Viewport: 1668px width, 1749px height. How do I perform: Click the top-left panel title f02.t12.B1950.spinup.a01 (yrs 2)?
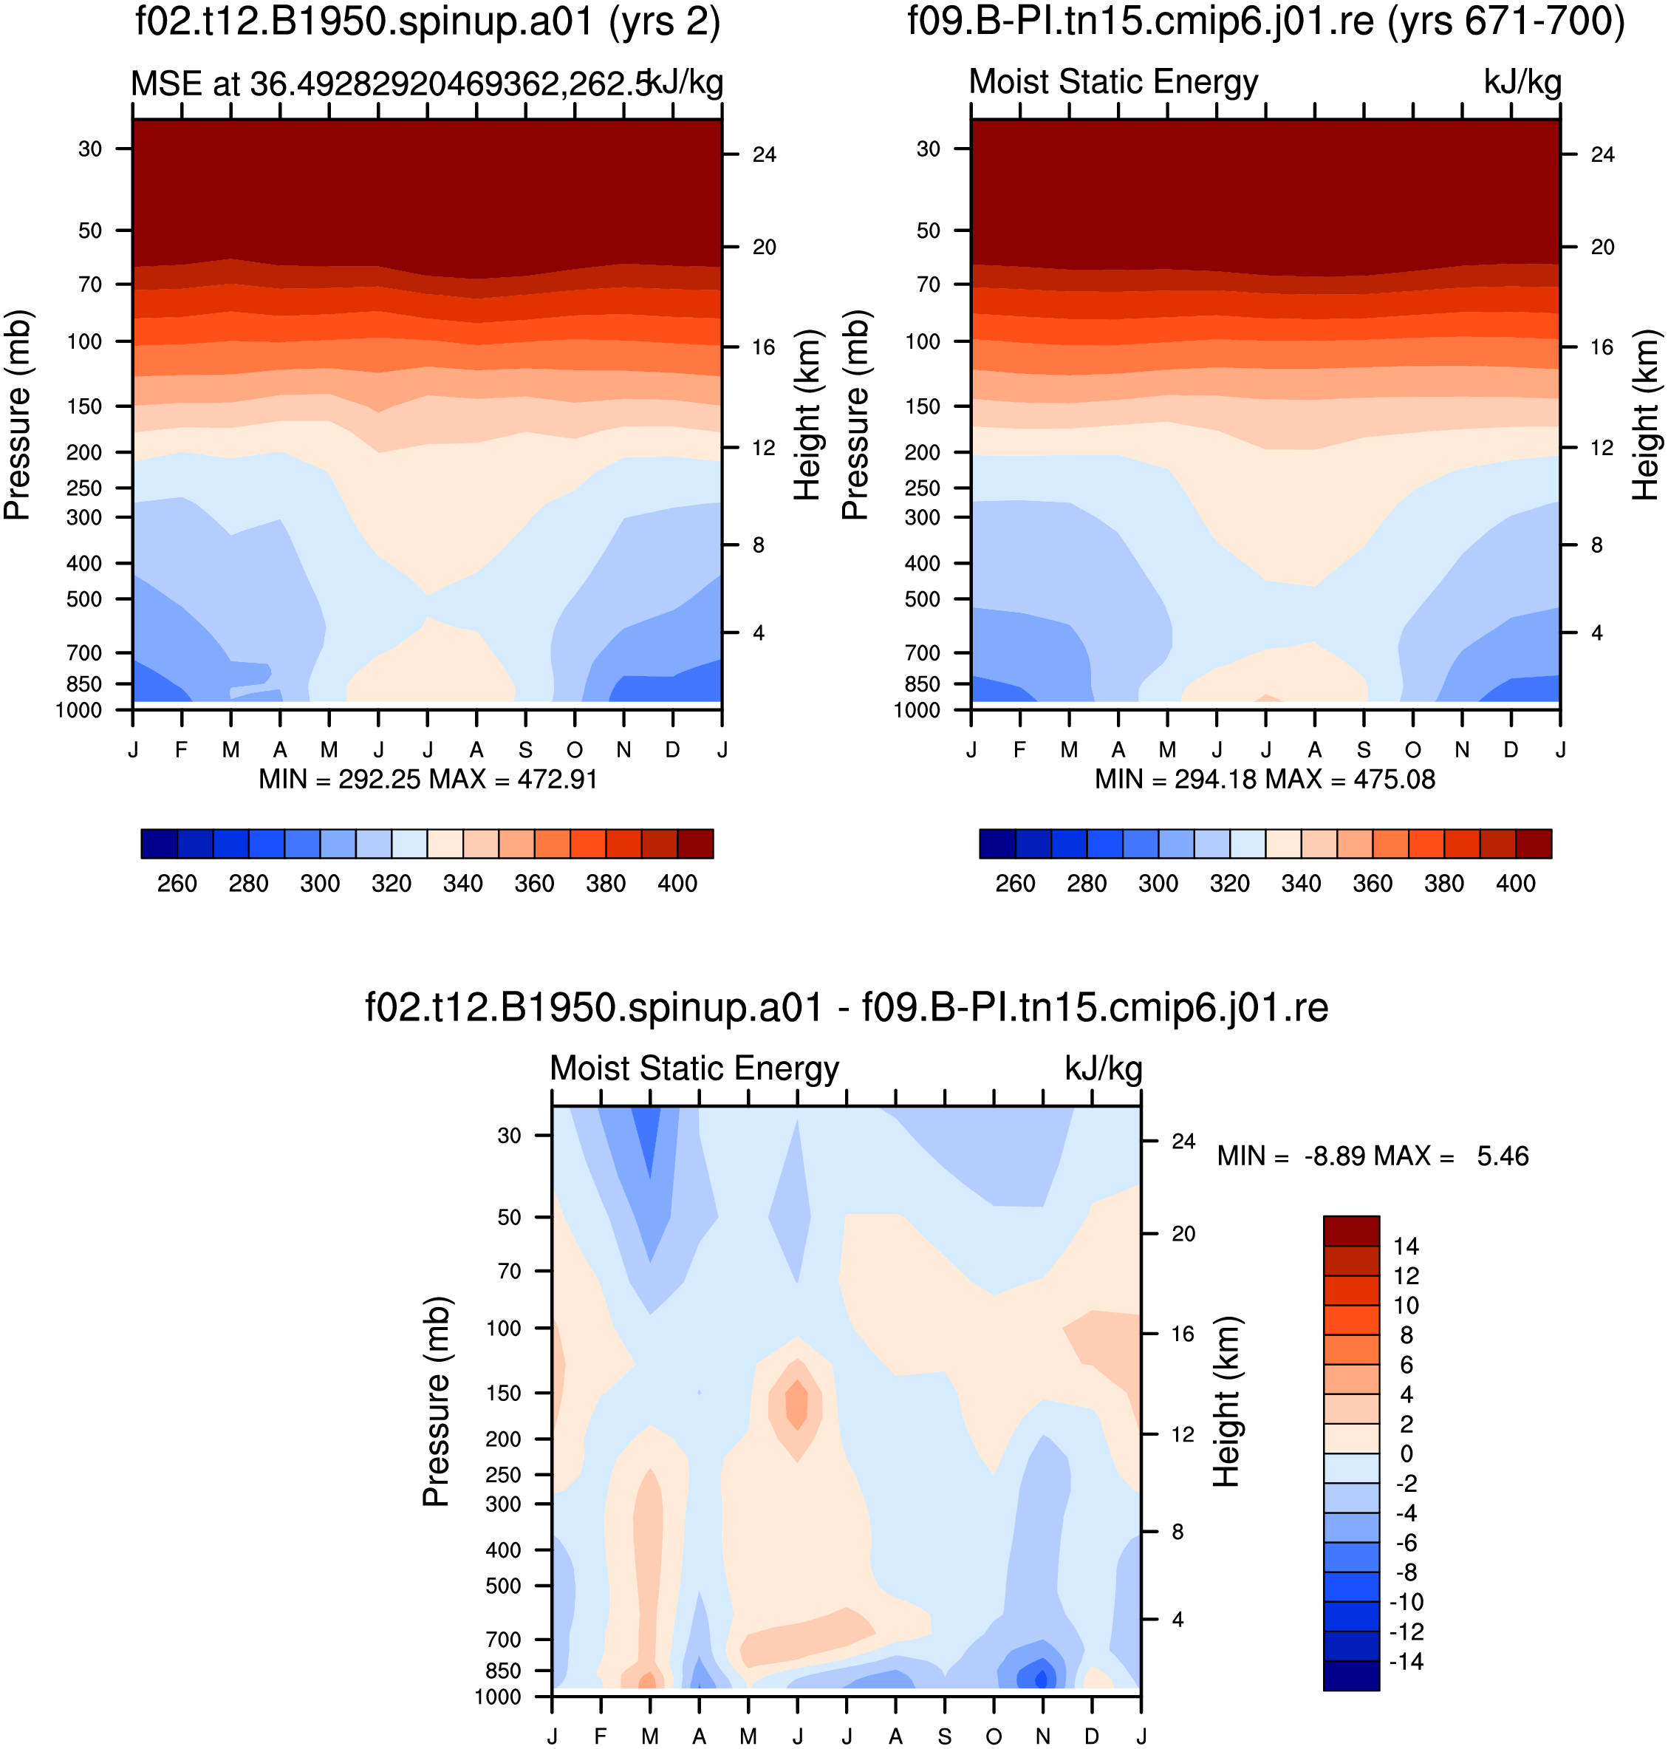point(428,21)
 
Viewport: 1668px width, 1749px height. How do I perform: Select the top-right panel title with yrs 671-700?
point(1266,21)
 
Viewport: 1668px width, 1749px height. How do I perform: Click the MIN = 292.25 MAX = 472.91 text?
point(428,780)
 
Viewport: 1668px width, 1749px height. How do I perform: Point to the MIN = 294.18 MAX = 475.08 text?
point(1265,780)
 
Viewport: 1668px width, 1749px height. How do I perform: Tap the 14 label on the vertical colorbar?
point(1406,1246)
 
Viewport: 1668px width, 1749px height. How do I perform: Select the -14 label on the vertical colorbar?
point(1406,1661)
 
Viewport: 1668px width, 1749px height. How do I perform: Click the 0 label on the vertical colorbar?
point(1406,1453)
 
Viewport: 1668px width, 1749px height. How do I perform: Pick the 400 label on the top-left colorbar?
point(677,884)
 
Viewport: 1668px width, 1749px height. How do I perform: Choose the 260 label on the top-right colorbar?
point(1016,884)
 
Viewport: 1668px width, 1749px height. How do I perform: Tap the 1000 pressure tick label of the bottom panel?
point(498,1697)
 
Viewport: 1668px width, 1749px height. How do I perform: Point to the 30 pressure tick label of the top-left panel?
point(90,149)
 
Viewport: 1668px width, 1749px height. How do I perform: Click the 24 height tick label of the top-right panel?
point(1602,154)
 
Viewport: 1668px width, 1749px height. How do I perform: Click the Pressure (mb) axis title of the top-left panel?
point(18,415)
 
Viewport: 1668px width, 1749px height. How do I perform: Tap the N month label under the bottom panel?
point(1043,1736)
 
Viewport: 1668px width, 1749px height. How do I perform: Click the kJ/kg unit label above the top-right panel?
point(1522,82)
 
